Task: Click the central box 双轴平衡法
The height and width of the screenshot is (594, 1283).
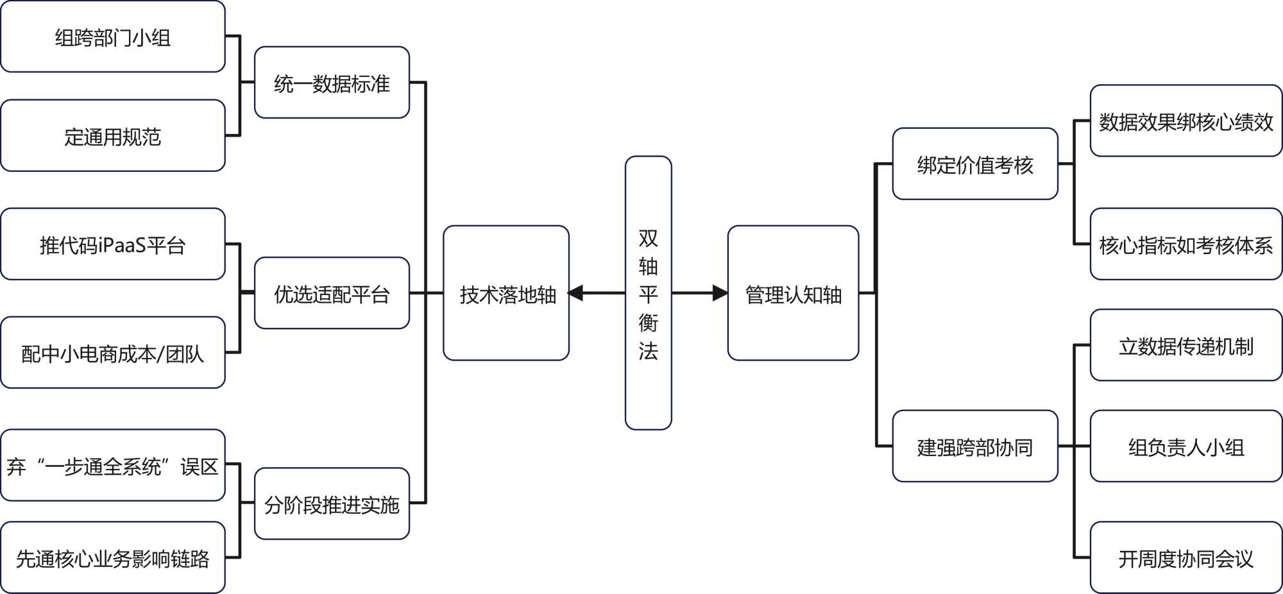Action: click(648, 293)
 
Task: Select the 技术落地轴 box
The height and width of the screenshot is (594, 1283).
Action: click(506, 293)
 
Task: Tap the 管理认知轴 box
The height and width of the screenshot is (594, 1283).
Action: click(793, 293)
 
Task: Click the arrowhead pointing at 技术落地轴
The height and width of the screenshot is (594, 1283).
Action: click(575, 293)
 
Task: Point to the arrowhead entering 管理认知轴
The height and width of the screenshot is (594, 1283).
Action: click(720, 293)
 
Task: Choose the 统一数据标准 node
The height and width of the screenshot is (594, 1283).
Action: click(332, 83)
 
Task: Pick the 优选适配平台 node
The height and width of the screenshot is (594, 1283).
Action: click(332, 293)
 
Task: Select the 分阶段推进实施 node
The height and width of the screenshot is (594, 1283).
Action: click(332, 504)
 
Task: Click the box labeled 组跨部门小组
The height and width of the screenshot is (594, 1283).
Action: click(113, 37)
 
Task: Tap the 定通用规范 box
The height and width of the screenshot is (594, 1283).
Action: click(113, 135)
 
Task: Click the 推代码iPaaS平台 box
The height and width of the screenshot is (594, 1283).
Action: click(113, 244)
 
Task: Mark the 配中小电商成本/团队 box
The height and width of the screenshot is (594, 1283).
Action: click(113, 352)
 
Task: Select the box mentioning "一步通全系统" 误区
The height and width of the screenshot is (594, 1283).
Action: click(113, 465)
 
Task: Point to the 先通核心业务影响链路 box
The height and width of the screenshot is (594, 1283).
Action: click(113, 557)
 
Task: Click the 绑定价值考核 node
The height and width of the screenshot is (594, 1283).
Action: click(975, 164)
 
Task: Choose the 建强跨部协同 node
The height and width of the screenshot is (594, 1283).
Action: click(975, 446)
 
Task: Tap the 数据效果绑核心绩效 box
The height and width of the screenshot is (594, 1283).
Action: click(1186, 121)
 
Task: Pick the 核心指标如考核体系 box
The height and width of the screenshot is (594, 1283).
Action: click(1186, 244)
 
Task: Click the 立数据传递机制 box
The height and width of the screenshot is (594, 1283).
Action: click(1186, 345)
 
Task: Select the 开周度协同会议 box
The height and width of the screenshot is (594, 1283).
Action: click(1186, 557)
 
